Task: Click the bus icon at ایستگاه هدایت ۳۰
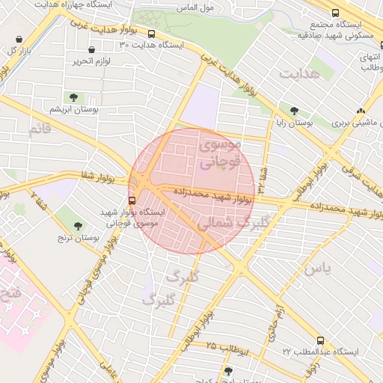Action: click(152, 34)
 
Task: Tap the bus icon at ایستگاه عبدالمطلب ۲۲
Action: click(320, 340)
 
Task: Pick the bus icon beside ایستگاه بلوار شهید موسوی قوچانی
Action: click(132, 200)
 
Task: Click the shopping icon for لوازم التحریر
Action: click(91, 50)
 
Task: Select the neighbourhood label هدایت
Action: click(299, 73)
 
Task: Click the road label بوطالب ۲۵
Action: click(219, 347)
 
